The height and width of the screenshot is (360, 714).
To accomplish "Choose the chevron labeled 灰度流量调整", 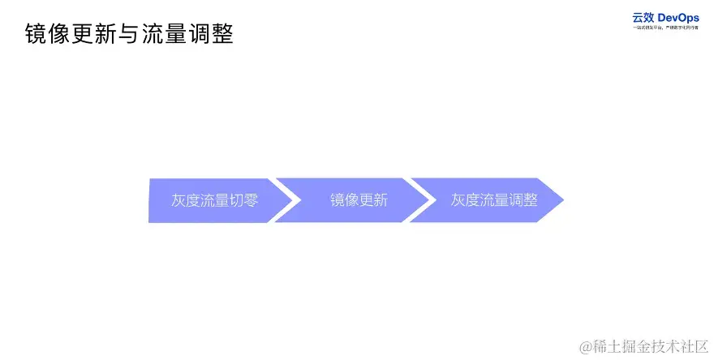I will point(487,200).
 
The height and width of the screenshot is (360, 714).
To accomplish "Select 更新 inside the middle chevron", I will point(373,200).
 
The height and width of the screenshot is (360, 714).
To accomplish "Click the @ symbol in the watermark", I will point(586,345).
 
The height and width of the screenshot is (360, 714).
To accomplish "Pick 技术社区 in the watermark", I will point(680,345).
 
